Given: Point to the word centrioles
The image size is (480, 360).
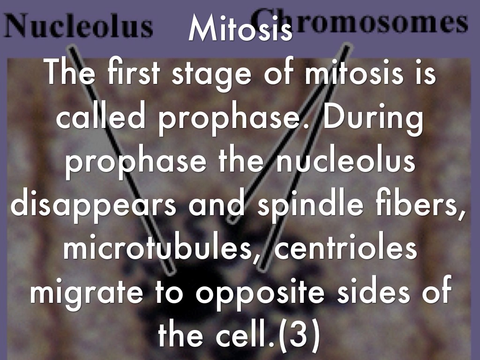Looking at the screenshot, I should point(345,250).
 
